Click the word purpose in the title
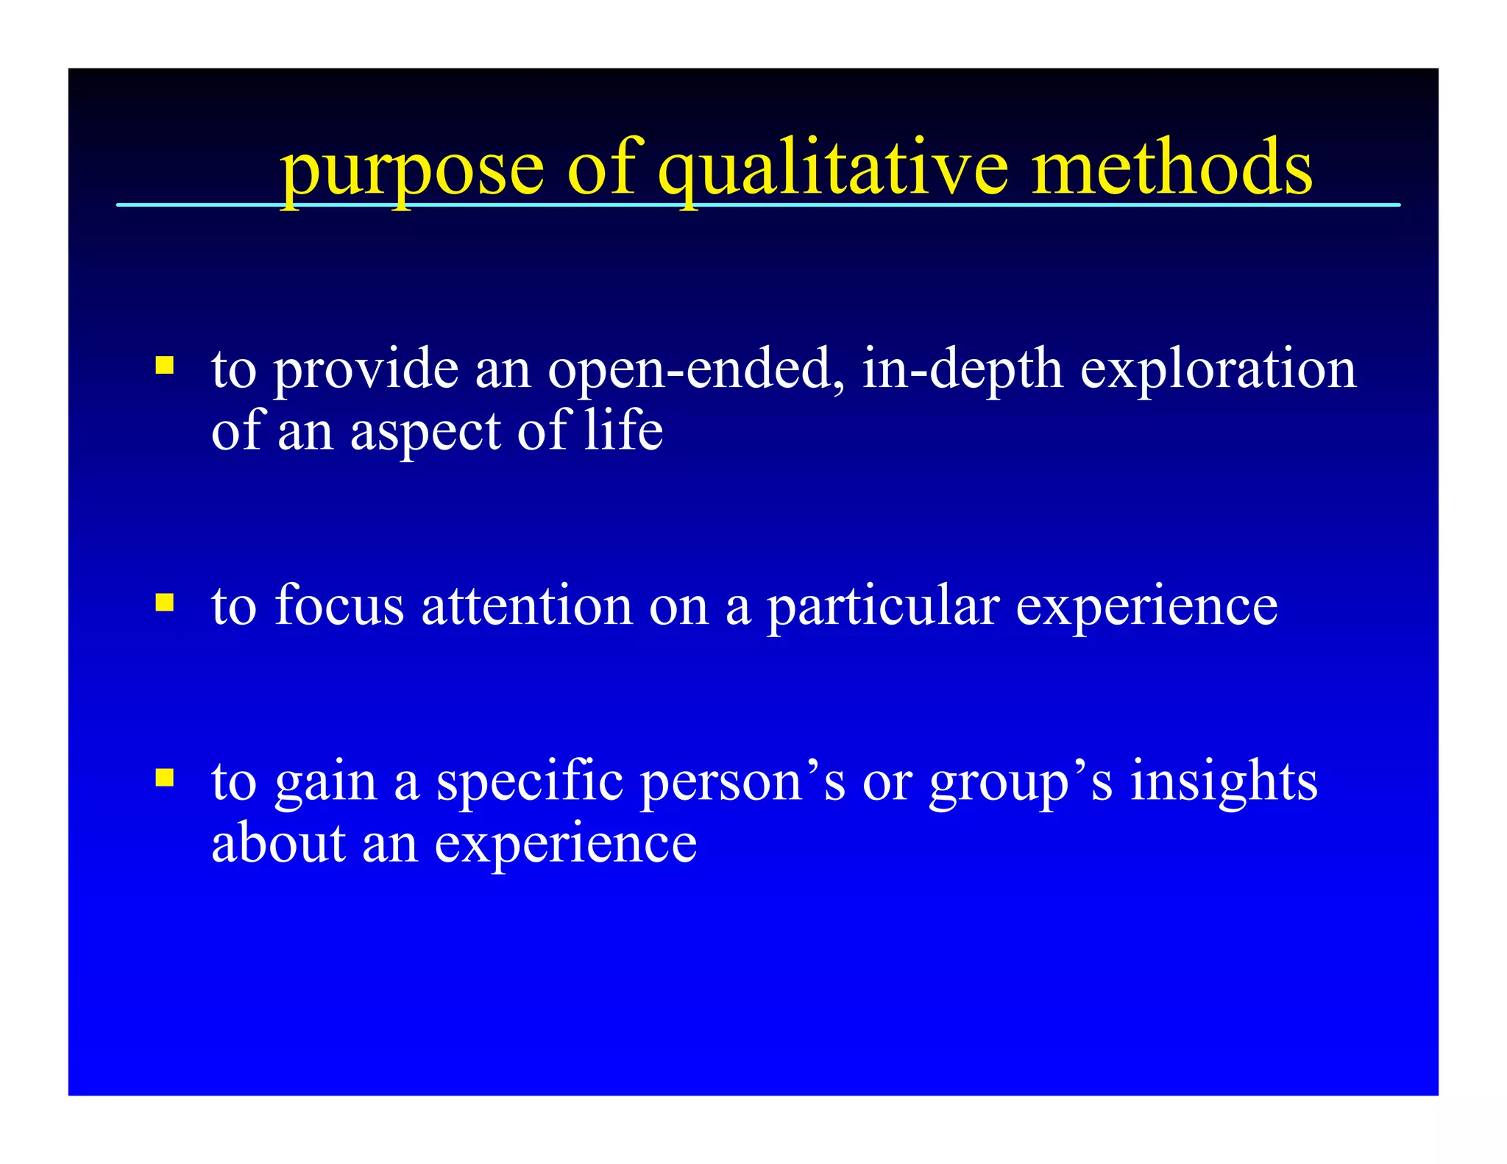412,171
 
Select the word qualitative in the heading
832,171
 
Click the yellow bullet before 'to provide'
165,366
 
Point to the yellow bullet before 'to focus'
165,603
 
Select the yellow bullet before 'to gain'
165,778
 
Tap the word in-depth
962,369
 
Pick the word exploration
1218,369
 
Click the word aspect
425,433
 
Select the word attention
527,606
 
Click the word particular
883,608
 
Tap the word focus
339,606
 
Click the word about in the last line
278,843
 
